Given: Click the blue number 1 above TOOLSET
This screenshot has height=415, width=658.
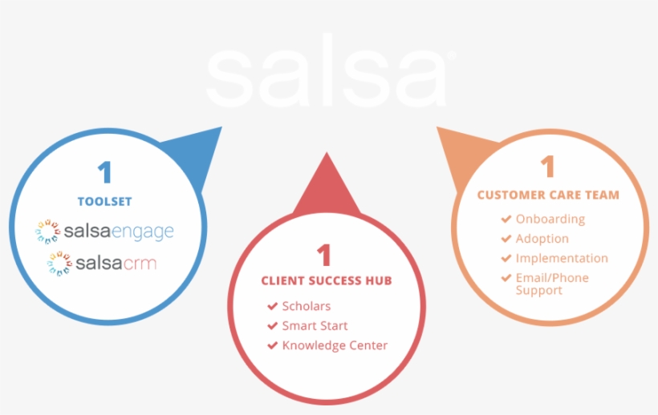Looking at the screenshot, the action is pyautogui.click(x=105, y=172).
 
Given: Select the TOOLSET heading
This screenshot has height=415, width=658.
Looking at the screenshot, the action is pyautogui.click(x=105, y=201).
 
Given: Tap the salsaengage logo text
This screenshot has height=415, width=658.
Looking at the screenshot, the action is pyautogui.click(x=119, y=232).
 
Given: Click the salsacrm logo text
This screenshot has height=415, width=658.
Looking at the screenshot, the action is pyautogui.click(x=116, y=264).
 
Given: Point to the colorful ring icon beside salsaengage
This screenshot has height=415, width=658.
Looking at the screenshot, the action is pyautogui.click(x=47, y=232).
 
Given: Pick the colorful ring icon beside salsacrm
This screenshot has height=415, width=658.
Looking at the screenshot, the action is pyautogui.click(x=59, y=264).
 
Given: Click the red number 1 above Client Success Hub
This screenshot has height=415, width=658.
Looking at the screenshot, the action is pyautogui.click(x=324, y=255).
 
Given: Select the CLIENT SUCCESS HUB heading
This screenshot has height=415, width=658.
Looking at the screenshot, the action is pyautogui.click(x=327, y=280).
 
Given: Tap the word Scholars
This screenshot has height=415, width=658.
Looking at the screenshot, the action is pyautogui.click(x=307, y=306).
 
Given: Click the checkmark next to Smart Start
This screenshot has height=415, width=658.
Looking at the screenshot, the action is pyautogui.click(x=272, y=325).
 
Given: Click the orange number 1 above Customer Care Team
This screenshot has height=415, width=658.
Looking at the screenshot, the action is pyautogui.click(x=547, y=167).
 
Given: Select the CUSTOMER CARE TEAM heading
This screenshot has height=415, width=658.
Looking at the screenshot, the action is pyautogui.click(x=548, y=195).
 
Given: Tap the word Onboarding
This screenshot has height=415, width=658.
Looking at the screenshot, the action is pyautogui.click(x=550, y=219).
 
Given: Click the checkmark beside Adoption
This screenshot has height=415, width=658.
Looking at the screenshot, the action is pyautogui.click(x=506, y=238).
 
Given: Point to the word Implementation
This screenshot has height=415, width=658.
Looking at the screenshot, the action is pyautogui.click(x=562, y=259).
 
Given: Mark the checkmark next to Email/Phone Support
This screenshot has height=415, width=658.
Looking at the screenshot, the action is pyautogui.click(x=506, y=278).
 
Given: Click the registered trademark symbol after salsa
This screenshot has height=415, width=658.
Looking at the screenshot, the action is pyautogui.click(x=451, y=56).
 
